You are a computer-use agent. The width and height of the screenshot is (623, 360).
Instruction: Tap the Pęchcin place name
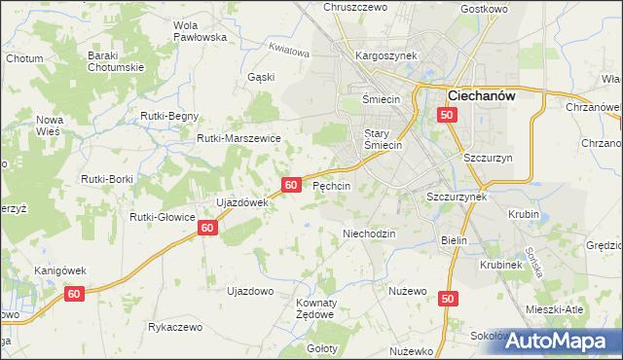[x=331, y=185]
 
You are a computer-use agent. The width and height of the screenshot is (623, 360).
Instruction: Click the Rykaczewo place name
[x=175, y=328]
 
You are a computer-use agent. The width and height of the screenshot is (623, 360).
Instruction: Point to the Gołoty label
[x=321, y=348]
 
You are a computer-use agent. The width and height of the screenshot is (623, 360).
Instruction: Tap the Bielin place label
[x=455, y=240]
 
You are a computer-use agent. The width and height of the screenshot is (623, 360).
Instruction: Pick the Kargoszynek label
[x=386, y=55]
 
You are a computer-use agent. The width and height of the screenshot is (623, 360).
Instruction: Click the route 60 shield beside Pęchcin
[x=291, y=184]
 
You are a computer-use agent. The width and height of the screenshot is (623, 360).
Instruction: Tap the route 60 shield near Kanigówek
[x=77, y=293]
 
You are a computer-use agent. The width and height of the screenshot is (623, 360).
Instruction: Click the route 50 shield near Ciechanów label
[x=446, y=116]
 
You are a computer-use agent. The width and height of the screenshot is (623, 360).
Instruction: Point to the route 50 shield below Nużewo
[x=448, y=301]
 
